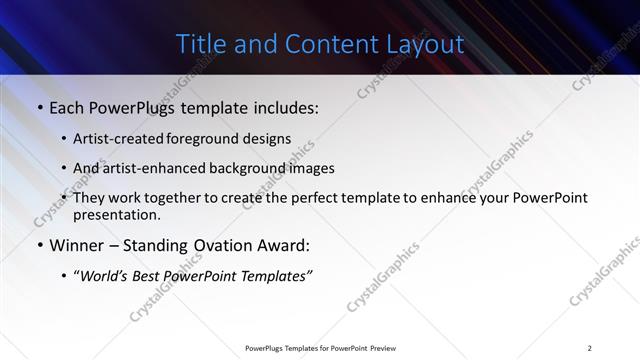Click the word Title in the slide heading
[x=200, y=44]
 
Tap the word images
[x=309, y=168]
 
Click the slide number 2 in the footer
[x=590, y=347]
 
